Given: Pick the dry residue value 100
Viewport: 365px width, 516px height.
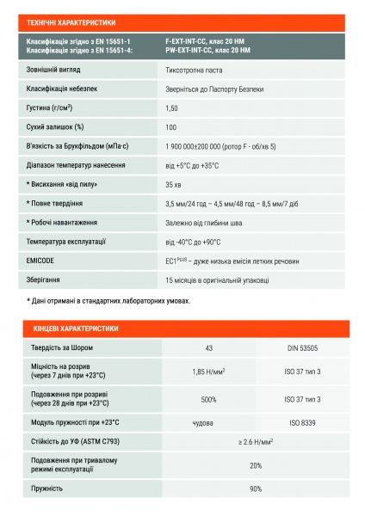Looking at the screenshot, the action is point(170,127).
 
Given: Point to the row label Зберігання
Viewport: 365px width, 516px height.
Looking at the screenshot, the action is point(46,279).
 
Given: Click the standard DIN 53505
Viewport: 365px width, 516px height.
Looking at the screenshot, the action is point(303,347).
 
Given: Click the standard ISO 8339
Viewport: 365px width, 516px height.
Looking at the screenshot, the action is point(303,422).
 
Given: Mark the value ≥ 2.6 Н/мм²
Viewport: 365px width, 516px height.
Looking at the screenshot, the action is point(255,442).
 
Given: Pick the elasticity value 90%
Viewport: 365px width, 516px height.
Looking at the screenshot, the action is point(255,488).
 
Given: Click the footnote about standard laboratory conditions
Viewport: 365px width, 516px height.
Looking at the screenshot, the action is point(108,301).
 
